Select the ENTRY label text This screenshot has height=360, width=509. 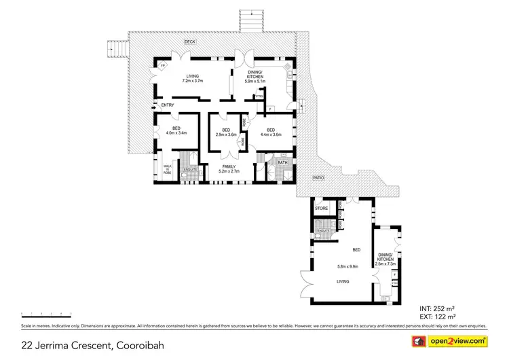coord(167,105)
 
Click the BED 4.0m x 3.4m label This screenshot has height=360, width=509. coord(176,131)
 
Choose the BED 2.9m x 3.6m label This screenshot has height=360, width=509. coord(225,132)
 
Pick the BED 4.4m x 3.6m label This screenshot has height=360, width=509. coord(270,132)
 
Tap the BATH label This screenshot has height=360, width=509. coord(283,162)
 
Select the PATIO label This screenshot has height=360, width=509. coord(318,179)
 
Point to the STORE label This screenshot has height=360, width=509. coord(322,208)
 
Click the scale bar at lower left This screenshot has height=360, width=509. coord(47,316)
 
